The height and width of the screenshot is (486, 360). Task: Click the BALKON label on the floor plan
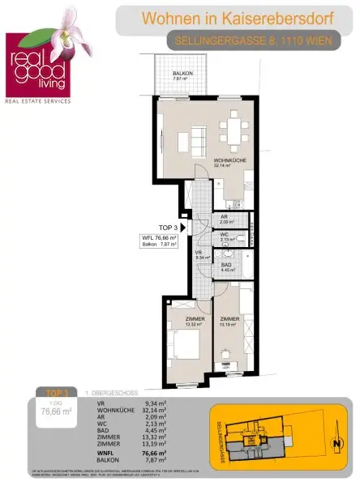(x=182, y=74)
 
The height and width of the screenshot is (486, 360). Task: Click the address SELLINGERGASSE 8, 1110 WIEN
(x=242, y=40)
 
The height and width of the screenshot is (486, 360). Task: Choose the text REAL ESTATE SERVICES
(x=38, y=102)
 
